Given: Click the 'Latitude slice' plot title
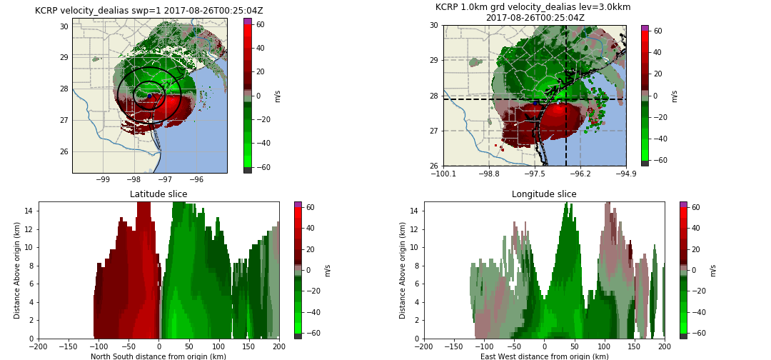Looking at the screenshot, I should (x=158, y=194).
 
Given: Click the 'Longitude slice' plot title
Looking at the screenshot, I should (x=544, y=194).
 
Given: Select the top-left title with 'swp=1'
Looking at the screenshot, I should (x=148, y=11).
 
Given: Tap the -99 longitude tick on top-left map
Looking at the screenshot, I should (x=103, y=179).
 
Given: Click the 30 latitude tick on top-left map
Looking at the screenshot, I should (x=64, y=26).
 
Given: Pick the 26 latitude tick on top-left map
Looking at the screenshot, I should (x=64, y=151).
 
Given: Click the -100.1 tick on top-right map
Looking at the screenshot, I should (x=443, y=173).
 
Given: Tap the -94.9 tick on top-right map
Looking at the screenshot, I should (x=626, y=173).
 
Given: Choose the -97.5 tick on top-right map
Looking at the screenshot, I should (x=535, y=173).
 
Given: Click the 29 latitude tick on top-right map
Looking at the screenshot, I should (x=433, y=60).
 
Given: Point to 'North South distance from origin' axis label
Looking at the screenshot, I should (x=158, y=356).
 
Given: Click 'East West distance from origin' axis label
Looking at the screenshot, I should (x=544, y=356).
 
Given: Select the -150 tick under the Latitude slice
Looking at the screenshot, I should (x=69, y=346).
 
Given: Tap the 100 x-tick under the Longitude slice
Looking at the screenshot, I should (x=604, y=346).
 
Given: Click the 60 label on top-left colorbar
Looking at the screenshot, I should (x=261, y=24).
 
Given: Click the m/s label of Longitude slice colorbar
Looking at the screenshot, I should (x=713, y=270).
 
